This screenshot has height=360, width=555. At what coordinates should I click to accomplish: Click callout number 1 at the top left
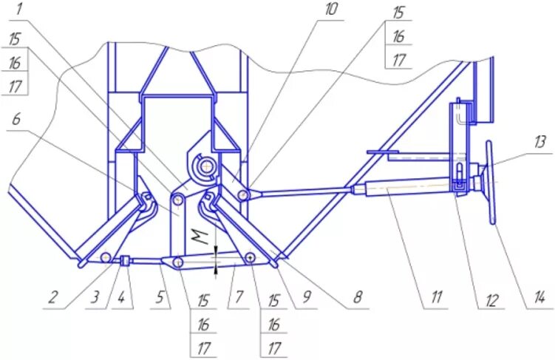(18, 10)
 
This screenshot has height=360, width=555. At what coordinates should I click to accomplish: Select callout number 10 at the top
(330, 10)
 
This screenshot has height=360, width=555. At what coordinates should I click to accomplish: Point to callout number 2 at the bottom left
(53, 298)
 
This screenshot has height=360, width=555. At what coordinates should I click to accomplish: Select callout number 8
(357, 299)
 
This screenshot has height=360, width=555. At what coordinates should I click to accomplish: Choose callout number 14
(540, 299)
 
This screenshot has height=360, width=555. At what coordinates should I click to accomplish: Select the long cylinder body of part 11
(406, 188)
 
